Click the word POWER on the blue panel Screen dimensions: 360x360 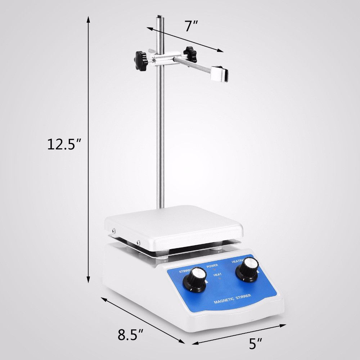tap(212, 265)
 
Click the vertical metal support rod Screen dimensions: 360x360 tap(161, 144)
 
